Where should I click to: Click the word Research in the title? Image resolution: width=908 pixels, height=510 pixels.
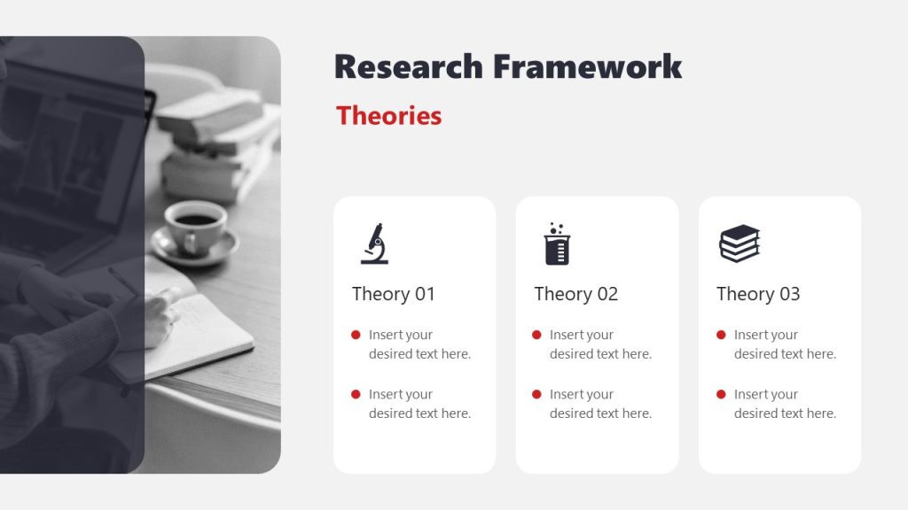pos(409,66)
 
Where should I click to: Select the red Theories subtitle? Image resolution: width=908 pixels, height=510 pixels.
pos(388,116)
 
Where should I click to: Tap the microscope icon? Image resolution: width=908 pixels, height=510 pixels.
pos(374,243)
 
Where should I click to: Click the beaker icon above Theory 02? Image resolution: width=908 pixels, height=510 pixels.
pos(557,244)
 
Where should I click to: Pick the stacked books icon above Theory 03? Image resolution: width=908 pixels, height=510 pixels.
pos(740,243)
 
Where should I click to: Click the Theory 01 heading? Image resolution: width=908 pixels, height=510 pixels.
pos(393,294)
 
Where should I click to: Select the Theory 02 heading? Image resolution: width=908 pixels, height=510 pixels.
pos(575,294)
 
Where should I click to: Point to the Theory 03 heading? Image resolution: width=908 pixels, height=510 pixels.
pos(758,294)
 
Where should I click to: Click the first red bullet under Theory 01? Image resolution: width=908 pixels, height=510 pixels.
pos(356,335)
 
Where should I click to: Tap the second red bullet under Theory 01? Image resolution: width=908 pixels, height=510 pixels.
pos(356,394)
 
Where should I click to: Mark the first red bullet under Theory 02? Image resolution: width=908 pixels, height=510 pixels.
pos(536,335)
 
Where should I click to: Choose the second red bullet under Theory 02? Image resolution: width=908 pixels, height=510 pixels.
pos(536,394)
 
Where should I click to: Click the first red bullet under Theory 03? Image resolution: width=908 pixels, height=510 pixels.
pos(721,335)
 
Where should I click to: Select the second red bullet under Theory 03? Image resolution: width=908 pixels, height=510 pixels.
pos(721,394)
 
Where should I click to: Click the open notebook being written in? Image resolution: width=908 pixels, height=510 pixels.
pos(208,332)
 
